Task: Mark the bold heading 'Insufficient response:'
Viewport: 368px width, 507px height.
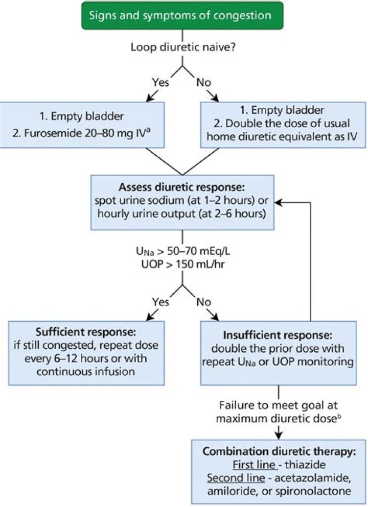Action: pos(279,338)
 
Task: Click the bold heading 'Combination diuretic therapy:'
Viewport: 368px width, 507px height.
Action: pos(279,452)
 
